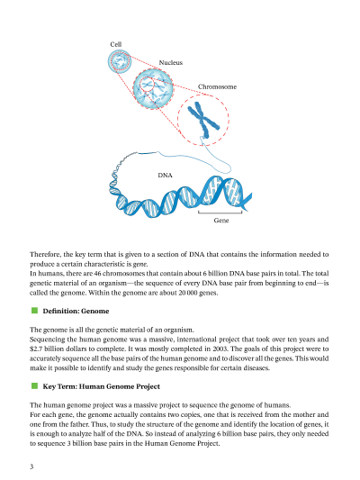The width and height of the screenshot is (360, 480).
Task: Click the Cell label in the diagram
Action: (115, 44)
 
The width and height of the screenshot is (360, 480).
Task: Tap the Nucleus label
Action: (171, 62)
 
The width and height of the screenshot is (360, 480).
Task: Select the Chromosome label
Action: (217, 86)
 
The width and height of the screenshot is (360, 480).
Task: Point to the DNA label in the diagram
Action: (166, 176)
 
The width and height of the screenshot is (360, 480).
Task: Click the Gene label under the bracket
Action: (221, 221)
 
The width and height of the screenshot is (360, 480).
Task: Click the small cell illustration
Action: (120, 61)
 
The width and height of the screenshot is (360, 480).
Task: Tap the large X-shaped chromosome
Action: (203, 120)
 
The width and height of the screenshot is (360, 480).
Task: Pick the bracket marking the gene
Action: (220, 213)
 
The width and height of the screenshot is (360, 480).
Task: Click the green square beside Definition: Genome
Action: (34, 311)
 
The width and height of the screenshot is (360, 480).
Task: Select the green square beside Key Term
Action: (34, 386)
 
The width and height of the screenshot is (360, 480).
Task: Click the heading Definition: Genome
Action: (76, 311)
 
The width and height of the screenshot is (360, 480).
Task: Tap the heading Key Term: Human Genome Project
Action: (101, 386)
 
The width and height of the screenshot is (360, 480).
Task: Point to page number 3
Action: (31, 466)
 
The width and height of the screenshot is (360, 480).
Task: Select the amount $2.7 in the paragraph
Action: (36, 349)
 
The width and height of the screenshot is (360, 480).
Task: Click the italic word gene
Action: (140, 264)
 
